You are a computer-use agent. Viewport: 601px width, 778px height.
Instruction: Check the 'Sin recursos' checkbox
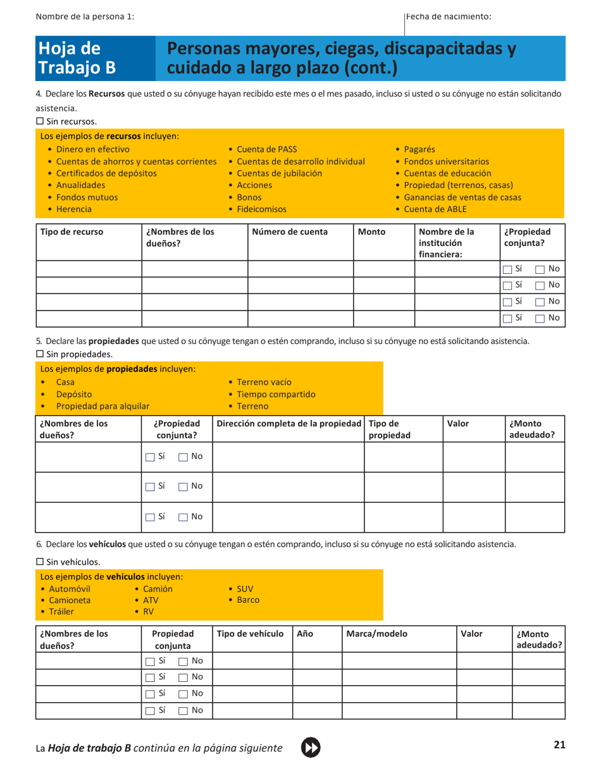pos(40,121)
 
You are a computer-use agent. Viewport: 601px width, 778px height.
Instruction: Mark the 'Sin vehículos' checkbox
pos(40,561)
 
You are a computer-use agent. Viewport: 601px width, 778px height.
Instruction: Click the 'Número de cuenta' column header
pos(290,232)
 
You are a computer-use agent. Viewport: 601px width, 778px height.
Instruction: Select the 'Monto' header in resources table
pos(371,232)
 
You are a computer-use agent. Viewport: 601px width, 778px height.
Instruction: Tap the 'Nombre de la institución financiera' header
pos(450,243)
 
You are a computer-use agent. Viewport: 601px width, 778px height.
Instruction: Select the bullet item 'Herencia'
pos(74,209)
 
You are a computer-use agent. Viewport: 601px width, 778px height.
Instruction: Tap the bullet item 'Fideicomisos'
pos(261,209)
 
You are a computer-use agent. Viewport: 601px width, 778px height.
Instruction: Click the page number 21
pos(559,745)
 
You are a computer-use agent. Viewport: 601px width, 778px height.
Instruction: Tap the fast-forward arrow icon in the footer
pos(311,747)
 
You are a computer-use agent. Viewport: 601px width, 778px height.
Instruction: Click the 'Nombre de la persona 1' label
pos(85,16)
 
